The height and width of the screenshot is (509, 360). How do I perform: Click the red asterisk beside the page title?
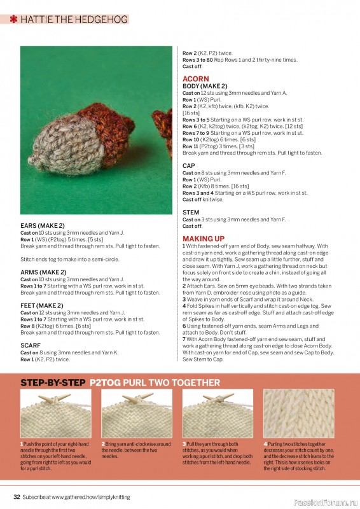coord(14,20)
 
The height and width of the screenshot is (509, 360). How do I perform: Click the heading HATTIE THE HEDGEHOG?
coord(74,20)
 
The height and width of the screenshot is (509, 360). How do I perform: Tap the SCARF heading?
coord(30,346)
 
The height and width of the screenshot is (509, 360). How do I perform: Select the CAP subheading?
coord(189,165)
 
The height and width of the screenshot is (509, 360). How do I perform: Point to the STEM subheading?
coord(191,213)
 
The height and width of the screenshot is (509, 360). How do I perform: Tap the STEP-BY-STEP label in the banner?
coord(53,383)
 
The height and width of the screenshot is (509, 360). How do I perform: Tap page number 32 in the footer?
coord(17,496)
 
